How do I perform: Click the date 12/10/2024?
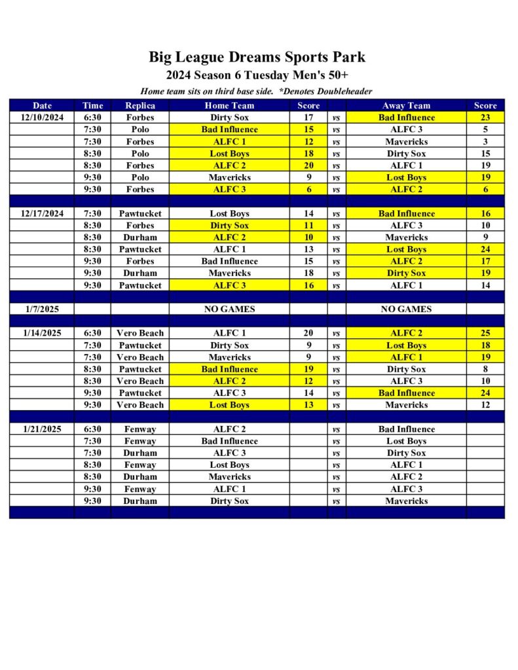pos(42,118)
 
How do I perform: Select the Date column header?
pos(42,105)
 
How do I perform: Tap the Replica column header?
pos(140,105)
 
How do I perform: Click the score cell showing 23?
pos(485,118)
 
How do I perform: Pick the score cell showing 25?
pos(485,333)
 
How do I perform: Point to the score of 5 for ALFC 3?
pos(485,130)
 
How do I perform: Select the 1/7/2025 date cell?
pos(42,309)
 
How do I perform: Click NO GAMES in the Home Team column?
pos(229,309)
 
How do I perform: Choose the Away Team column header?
pos(406,105)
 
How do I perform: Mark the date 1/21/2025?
pos(42,429)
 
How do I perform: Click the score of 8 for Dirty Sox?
pos(485,369)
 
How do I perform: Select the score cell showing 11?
pos(308,225)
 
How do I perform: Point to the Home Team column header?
pos(229,105)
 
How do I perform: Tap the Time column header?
pos(92,105)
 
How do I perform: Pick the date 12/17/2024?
pos(42,213)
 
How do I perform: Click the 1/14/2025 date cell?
pos(42,333)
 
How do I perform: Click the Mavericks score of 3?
pos(485,141)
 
